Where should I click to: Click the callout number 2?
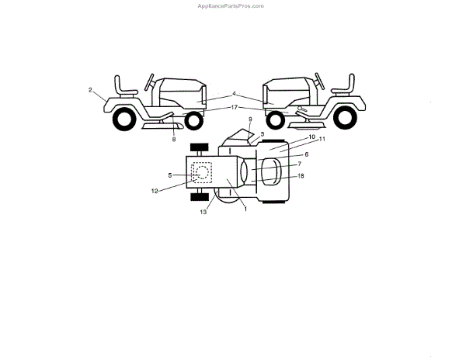(90, 91)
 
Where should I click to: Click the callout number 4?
(234, 95)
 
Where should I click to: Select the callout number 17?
(234, 107)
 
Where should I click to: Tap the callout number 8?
(174, 139)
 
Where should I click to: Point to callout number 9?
(250, 119)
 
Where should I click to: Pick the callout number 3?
(263, 133)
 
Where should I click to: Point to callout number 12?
(155, 190)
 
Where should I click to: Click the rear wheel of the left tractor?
(122, 119)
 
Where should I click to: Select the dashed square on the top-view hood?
(201, 172)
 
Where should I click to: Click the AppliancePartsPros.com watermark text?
(232, 5)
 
